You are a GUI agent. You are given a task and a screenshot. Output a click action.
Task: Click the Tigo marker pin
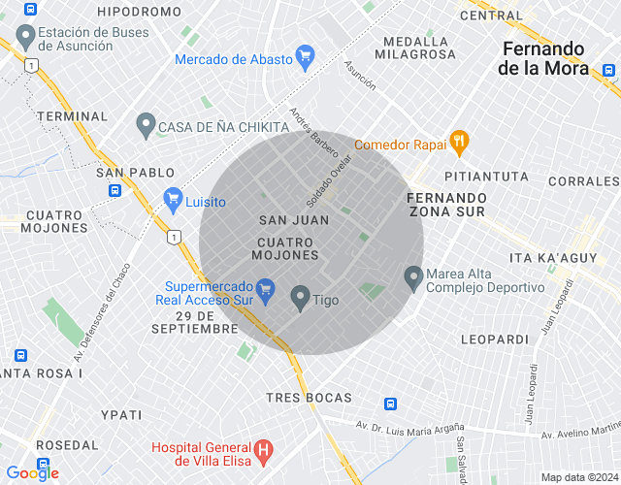pyautogui.click(x=300, y=298)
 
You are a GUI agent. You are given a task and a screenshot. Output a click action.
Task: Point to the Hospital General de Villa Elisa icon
pyautogui.click(x=261, y=451)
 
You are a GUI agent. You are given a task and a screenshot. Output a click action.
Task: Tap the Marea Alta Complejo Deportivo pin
pyautogui.click(x=413, y=277)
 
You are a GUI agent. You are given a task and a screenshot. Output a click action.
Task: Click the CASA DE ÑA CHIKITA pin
pyautogui.click(x=146, y=125)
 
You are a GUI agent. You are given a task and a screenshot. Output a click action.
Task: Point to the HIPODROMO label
pyautogui.click(x=140, y=12)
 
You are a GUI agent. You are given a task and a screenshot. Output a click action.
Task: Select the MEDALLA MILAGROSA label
pyautogui.click(x=419, y=48)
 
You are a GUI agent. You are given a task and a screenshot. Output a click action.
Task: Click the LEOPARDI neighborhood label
pyautogui.click(x=495, y=339)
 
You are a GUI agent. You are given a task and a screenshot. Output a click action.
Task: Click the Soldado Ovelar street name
pyautogui.click(x=328, y=181)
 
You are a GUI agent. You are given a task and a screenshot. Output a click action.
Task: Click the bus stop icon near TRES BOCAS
pyautogui.click(x=390, y=404)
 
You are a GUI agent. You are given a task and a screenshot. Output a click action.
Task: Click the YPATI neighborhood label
pyautogui.click(x=121, y=414)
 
